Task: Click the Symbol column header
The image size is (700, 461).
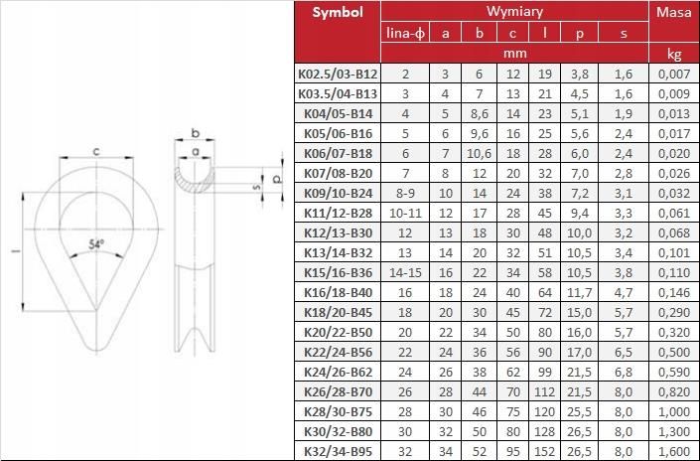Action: point(338,13)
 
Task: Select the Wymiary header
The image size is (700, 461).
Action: point(514,11)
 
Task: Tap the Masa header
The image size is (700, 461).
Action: point(673,12)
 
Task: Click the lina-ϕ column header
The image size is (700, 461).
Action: point(405,33)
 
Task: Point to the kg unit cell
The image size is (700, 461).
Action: point(673,54)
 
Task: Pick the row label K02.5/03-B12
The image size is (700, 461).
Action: point(338,74)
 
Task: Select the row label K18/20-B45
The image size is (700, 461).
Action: point(338,312)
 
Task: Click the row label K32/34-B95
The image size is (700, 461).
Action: point(338,451)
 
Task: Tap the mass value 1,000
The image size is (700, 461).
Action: point(674,411)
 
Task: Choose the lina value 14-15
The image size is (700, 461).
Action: point(405,272)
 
